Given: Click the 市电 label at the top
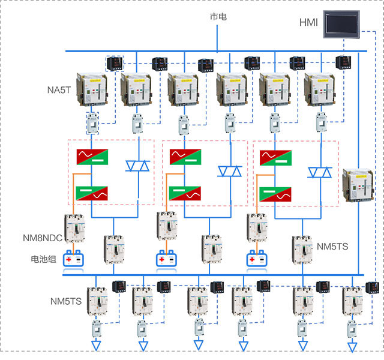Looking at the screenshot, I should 218,17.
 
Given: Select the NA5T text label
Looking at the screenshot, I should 59,91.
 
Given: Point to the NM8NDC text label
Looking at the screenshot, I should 50,238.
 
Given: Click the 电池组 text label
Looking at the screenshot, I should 44,260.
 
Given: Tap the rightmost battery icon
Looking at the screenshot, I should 256,259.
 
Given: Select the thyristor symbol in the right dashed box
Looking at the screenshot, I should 320,173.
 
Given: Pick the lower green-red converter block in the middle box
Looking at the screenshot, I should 184,193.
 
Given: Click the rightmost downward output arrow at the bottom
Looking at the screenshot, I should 352,346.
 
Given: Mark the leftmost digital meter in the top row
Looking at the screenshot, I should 114,62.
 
